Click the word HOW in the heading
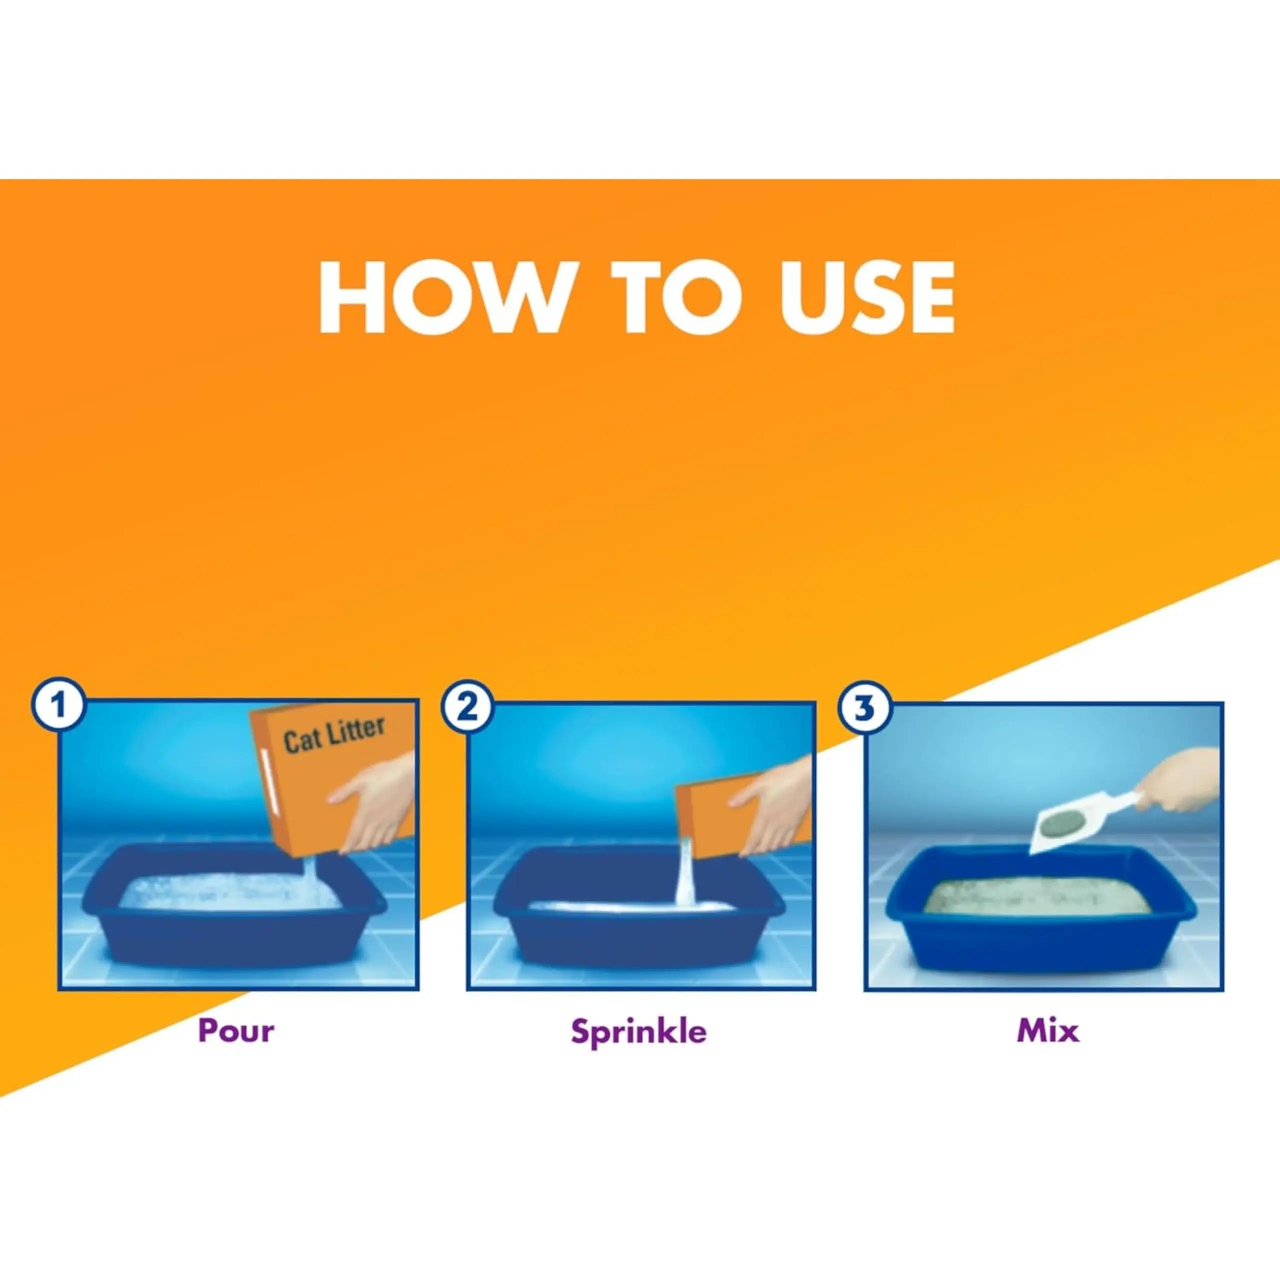point(442,297)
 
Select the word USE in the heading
point(866,297)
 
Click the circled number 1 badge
point(59,707)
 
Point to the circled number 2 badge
point(467,707)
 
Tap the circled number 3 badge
point(864,708)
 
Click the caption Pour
point(236,1031)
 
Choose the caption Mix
point(1048,1031)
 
